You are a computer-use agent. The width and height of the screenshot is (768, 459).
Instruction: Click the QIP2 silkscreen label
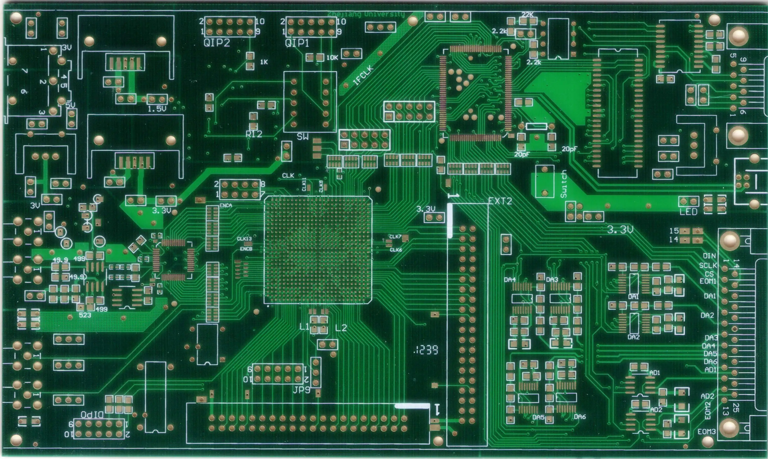(x=217, y=43)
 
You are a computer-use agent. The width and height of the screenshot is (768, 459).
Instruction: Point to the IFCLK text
(x=363, y=76)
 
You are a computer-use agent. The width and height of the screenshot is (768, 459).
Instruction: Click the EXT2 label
(x=500, y=201)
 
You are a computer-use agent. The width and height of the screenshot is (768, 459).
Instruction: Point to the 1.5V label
(x=157, y=109)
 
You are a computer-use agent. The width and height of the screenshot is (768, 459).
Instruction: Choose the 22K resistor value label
(x=527, y=14)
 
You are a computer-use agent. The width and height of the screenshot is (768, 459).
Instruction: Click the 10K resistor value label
(x=332, y=57)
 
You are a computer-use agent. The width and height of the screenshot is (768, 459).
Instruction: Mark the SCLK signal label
(x=708, y=265)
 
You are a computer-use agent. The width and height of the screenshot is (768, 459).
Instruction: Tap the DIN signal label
(x=709, y=256)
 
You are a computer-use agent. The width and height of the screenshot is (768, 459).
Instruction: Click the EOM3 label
(x=706, y=431)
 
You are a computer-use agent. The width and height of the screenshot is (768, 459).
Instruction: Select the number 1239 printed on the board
(x=426, y=350)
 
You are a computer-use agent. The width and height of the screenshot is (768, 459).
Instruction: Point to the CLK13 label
(x=244, y=239)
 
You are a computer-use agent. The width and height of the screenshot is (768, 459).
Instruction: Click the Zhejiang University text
(x=366, y=14)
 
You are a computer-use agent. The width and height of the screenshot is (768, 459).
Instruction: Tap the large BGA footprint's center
(x=318, y=250)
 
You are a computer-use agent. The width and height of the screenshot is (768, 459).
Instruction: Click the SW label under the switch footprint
(x=302, y=137)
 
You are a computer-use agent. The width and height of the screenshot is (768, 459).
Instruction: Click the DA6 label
(x=580, y=417)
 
